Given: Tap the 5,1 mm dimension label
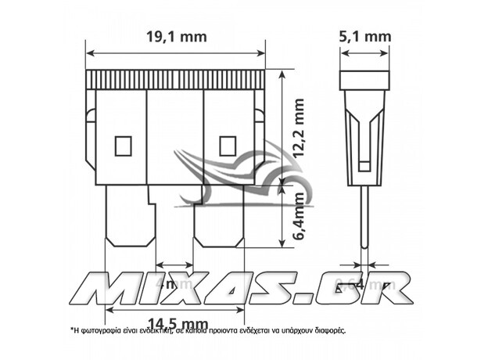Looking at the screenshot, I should click(366, 35).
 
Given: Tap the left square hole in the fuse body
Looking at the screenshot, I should click(121, 145).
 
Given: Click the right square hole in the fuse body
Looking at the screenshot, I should click(228, 145).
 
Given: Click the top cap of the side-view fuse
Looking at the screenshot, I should click(364, 81).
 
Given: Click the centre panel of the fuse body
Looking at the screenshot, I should click(175, 137).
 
